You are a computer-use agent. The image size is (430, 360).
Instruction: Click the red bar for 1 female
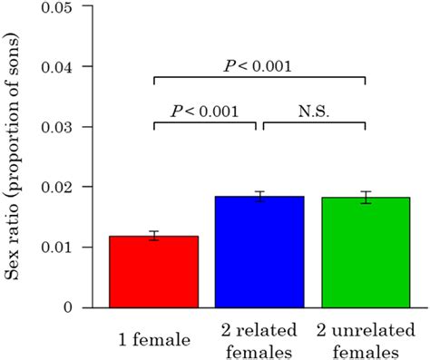click(153, 272)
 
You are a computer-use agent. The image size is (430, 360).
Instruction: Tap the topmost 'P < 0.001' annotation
click(259, 65)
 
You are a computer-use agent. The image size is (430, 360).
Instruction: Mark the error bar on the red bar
click(153, 236)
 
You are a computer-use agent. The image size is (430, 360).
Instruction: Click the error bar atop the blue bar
click(259, 197)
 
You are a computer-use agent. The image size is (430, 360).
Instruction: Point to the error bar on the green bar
click(365, 198)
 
